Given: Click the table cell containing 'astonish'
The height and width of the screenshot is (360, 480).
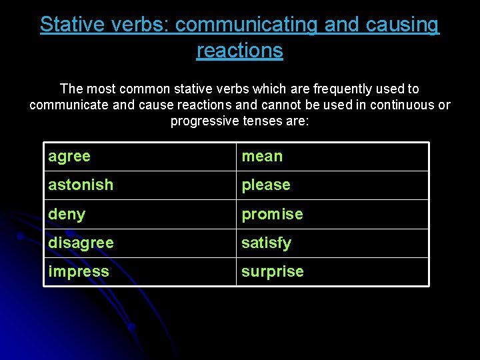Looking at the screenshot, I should pos(140,185).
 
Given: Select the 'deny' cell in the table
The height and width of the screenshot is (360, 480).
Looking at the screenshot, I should pos(140,214).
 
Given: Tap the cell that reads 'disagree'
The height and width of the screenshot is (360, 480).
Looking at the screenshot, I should pos(140,243).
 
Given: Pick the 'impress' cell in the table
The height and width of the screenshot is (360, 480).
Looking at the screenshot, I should pos(140,271).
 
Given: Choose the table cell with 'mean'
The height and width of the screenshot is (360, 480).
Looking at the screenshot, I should pos(332,157).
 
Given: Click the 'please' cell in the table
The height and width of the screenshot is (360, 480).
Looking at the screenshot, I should pos(332,185).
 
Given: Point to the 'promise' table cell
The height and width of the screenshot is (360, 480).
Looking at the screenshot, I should pos(332,214).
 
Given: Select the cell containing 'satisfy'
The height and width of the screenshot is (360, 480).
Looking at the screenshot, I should pos(332,243).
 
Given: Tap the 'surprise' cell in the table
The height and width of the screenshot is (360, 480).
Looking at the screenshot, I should pos(332,271).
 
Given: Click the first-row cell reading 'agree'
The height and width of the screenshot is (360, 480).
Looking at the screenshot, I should pos(140,157).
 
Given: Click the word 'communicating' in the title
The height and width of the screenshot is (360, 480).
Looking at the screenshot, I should pos(247,25).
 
